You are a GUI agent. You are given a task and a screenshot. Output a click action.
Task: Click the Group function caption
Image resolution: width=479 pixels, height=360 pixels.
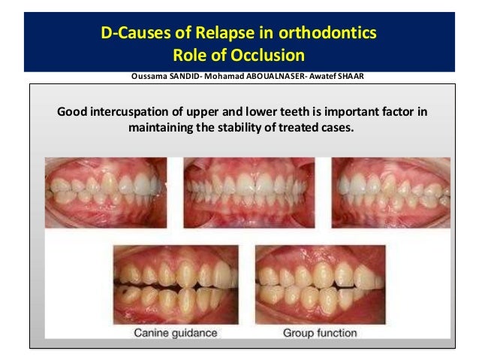click(320, 332)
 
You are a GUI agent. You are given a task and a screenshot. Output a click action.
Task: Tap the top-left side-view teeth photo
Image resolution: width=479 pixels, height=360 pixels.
click(105, 192)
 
